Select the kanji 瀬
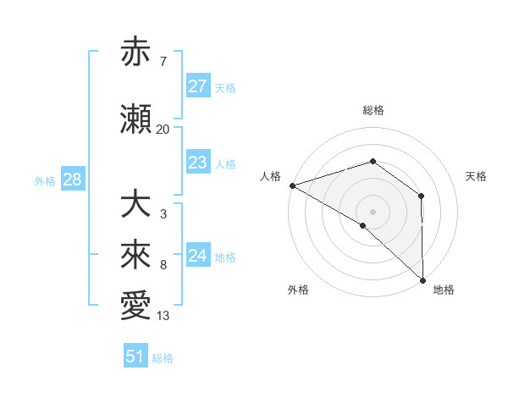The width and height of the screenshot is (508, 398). (x=137, y=119)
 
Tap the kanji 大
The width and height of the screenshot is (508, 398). (x=137, y=204)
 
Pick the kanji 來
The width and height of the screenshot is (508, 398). (x=137, y=256)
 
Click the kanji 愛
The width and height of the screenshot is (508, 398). (x=137, y=307)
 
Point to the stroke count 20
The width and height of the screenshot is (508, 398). (x=163, y=130)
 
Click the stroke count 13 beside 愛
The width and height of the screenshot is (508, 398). (x=163, y=316)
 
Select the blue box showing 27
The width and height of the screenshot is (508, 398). (x=197, y=86)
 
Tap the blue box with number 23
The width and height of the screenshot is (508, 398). (x=197, y=163)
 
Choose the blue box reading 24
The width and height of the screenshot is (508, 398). (x=197, y=256)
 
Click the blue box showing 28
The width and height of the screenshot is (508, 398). (x=72, y=180)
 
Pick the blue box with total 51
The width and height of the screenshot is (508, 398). (x=135, y=357)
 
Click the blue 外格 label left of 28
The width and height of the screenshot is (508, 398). (x=45, y=180)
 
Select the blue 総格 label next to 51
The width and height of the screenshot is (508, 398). (x=163, y=358)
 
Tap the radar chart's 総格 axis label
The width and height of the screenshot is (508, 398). (x=373, y=110)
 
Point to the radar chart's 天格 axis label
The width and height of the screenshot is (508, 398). (x=476, y=176)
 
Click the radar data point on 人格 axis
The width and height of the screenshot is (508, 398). (x=292, y=185)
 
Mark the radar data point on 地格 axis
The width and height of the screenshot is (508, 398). (x=422, y=279)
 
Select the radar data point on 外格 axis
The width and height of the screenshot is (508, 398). (x=363, y=225)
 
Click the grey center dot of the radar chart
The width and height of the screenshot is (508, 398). (x=373, y=211)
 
